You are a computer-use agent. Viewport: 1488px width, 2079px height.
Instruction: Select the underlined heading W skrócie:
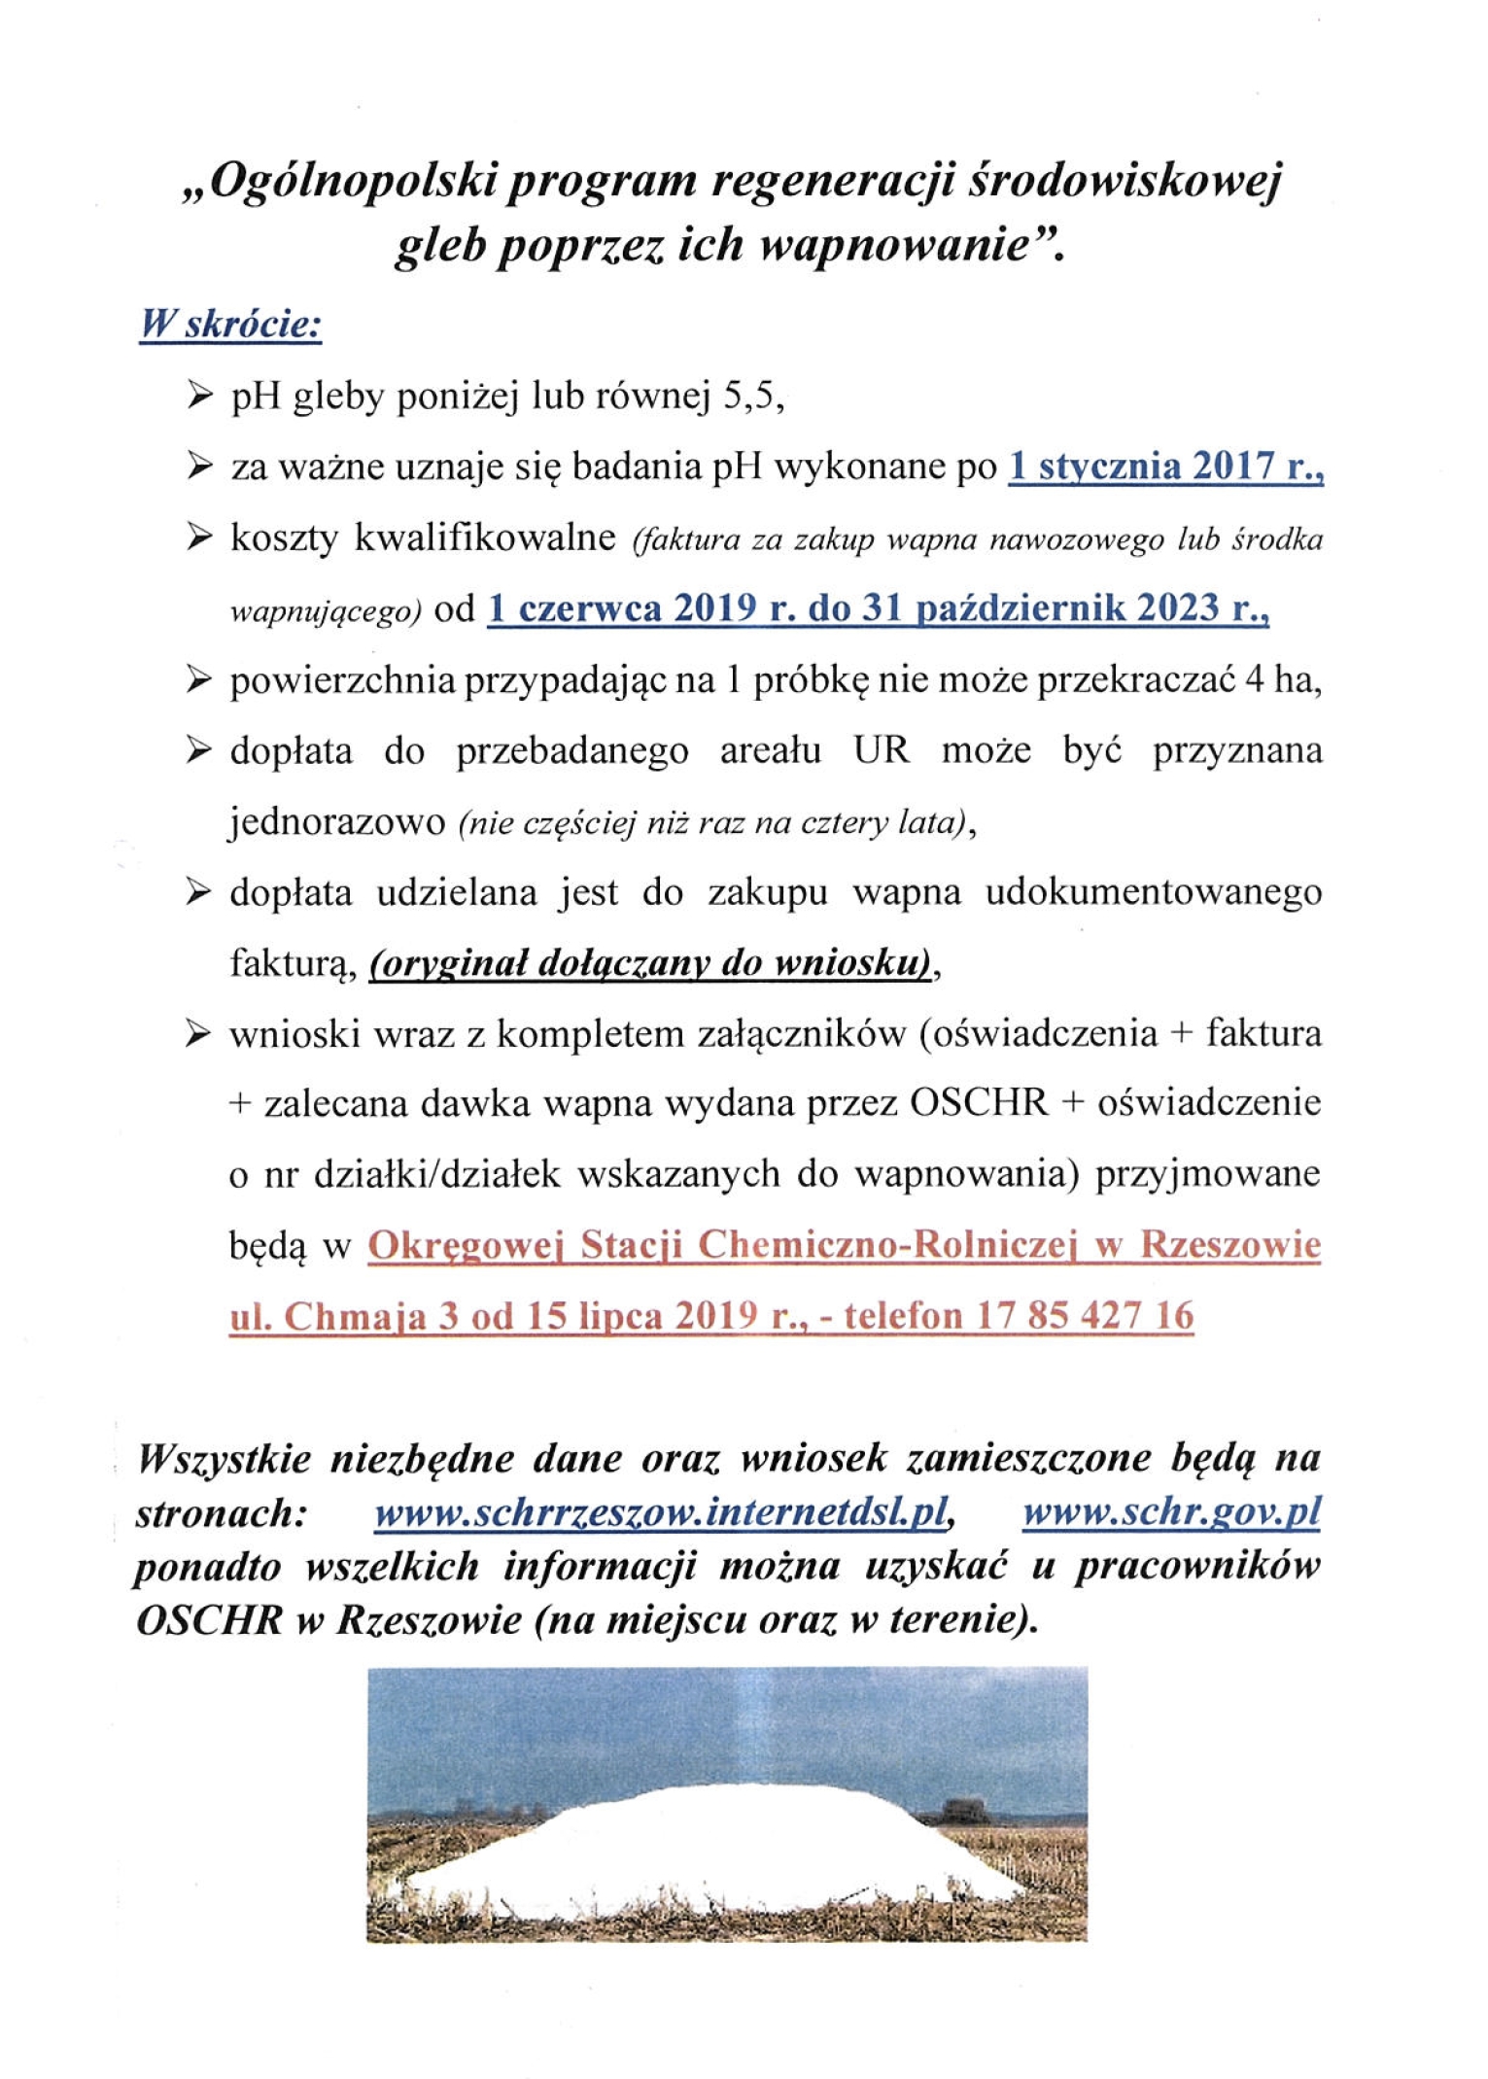230,325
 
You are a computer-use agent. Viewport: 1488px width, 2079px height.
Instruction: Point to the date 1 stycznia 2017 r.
1165,468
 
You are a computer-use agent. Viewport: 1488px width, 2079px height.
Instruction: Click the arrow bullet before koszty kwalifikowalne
198,537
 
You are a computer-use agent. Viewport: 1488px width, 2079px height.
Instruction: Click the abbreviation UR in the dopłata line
881,751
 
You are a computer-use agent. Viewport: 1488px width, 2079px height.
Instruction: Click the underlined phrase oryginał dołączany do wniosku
649,964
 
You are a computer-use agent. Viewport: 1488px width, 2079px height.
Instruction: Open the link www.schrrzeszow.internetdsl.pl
660,1513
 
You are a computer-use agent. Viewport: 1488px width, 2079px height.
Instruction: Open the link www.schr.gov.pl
1170,1513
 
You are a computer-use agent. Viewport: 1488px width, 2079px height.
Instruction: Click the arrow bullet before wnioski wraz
198,1034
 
